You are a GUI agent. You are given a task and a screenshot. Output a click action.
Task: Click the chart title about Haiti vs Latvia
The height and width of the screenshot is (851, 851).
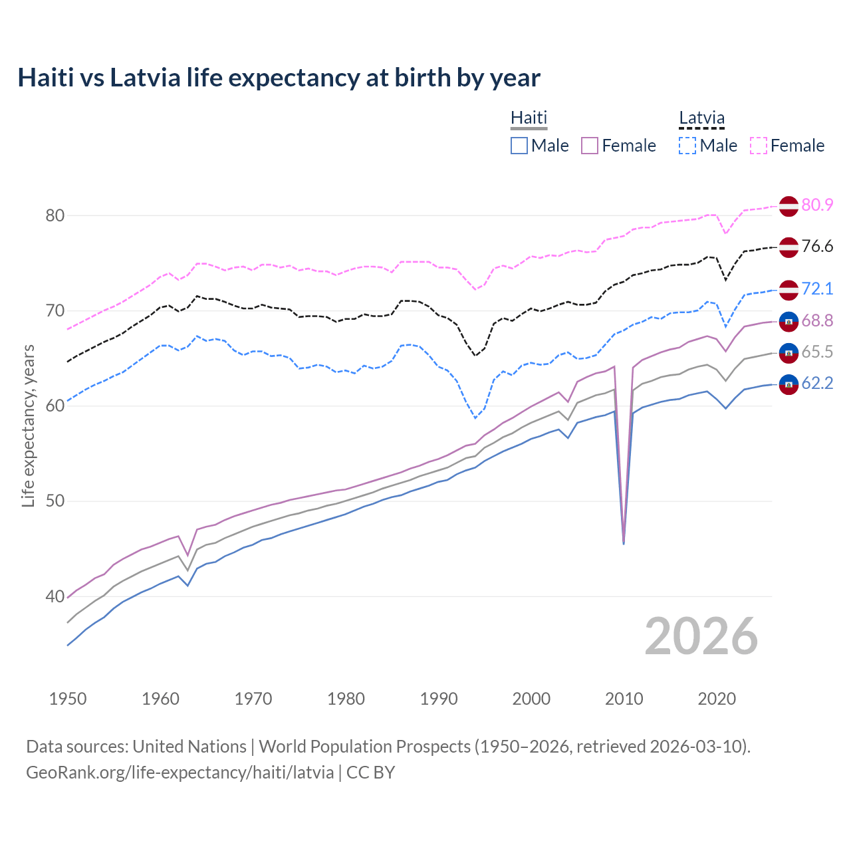[279, 78]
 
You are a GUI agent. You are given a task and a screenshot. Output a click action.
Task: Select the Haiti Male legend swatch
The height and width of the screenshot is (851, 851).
[519, 146]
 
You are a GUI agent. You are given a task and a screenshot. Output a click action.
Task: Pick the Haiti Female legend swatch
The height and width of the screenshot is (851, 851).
[590, 146]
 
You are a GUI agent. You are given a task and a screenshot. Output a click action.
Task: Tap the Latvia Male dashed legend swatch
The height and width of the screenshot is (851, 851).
[687, 146]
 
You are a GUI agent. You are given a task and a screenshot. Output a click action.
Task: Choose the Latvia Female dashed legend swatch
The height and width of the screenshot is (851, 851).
[759, 146]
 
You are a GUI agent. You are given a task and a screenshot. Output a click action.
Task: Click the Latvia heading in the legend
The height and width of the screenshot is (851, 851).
[701, 118]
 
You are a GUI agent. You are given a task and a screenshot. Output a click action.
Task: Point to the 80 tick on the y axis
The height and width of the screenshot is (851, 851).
[55, 215]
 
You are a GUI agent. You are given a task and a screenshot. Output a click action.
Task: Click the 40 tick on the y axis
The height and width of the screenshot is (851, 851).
[55, 596]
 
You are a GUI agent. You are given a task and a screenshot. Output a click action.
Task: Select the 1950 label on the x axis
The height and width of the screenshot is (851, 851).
[68, 699]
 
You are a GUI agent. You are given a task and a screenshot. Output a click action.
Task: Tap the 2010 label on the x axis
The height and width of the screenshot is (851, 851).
[624, 699]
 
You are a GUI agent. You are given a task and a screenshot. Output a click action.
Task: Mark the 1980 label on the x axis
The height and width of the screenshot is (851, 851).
[346, 699]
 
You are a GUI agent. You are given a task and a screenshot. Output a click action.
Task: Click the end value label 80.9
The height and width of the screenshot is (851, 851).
[817, 205]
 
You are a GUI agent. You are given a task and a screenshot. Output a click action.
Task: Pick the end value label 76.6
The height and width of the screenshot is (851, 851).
[817, 247]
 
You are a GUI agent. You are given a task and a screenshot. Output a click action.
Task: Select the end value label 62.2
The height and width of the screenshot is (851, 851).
[817, 383]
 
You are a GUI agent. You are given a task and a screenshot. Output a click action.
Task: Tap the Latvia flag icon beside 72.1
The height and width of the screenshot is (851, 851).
[789, 289]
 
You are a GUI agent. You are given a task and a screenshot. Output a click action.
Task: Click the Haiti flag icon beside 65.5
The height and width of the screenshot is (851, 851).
[789, 352]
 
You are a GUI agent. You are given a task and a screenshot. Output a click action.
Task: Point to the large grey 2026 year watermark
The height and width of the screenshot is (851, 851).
[701, 636]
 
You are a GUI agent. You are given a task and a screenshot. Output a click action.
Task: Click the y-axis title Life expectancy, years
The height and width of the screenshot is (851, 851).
[28, 425]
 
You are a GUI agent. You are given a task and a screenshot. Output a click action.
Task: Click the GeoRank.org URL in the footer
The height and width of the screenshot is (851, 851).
[180, 773]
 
